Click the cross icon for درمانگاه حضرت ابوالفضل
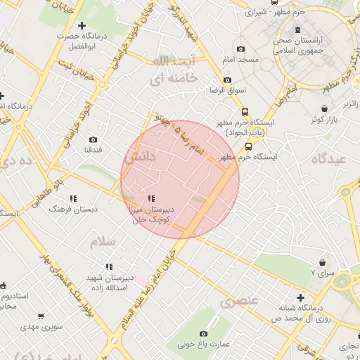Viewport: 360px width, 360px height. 82,25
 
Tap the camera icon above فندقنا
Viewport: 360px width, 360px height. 94,140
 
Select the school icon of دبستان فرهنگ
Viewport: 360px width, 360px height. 74,198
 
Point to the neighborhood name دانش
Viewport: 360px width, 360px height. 139,158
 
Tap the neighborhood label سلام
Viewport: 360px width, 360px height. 101,242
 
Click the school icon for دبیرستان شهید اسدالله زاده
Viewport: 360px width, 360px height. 108,266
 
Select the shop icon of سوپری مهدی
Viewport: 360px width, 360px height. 41,316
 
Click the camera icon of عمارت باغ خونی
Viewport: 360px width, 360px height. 203,333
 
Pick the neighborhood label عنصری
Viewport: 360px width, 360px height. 239,302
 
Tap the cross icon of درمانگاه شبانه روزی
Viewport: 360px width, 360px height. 301,297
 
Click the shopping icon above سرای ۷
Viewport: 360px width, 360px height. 322,262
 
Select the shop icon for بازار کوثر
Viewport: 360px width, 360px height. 323,109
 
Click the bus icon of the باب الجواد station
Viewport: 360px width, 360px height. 245,112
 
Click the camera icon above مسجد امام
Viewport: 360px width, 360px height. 241,49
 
